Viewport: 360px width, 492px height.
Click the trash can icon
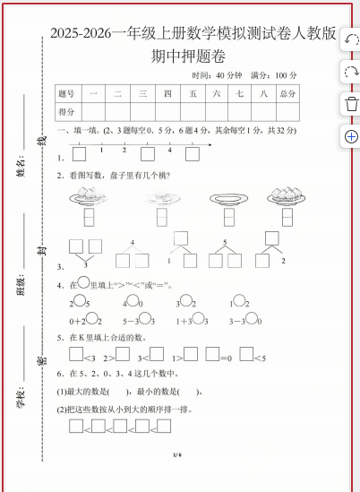(350, 104)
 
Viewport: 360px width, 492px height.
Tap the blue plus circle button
(350, 136)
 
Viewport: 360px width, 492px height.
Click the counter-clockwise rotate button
(350, 40)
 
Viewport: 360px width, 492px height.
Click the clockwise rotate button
(350, 72)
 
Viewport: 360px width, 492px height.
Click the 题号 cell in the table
(67, 93)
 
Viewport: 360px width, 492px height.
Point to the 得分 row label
(67, 111)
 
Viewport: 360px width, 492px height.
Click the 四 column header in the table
(167, 93)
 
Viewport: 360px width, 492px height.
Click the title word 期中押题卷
(190, 56)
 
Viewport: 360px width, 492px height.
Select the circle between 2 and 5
(79, 302)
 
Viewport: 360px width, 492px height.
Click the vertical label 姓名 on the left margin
(20, 167)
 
